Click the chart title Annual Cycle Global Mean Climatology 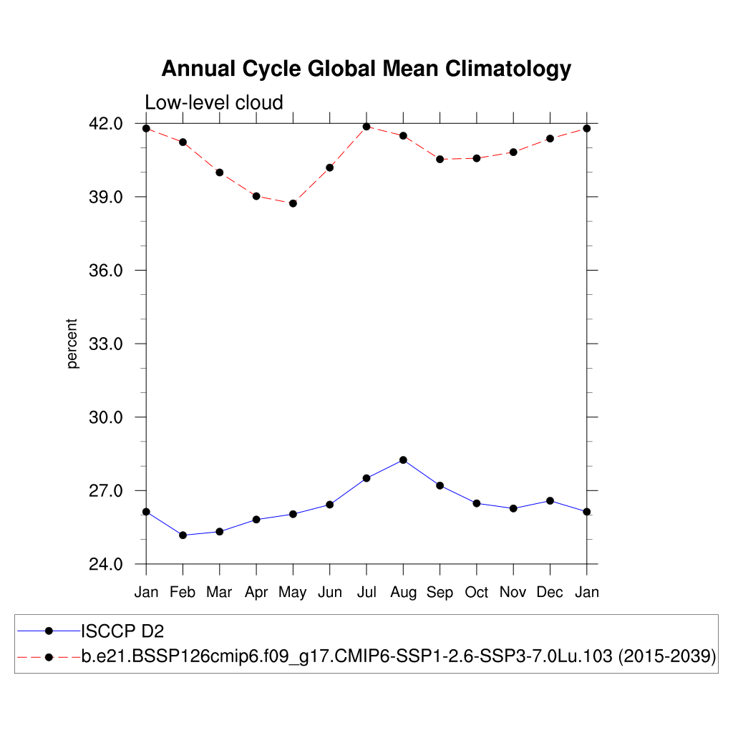366,69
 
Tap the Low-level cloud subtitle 214,102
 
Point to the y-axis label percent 72,344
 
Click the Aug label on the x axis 403,592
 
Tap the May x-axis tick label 293,592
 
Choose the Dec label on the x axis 550,592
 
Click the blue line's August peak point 403,460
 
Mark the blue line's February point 183,535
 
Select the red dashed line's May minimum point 293,203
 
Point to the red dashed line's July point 366,127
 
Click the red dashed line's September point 440,159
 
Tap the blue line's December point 550,500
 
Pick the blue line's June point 329,505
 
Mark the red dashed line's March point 220,173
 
